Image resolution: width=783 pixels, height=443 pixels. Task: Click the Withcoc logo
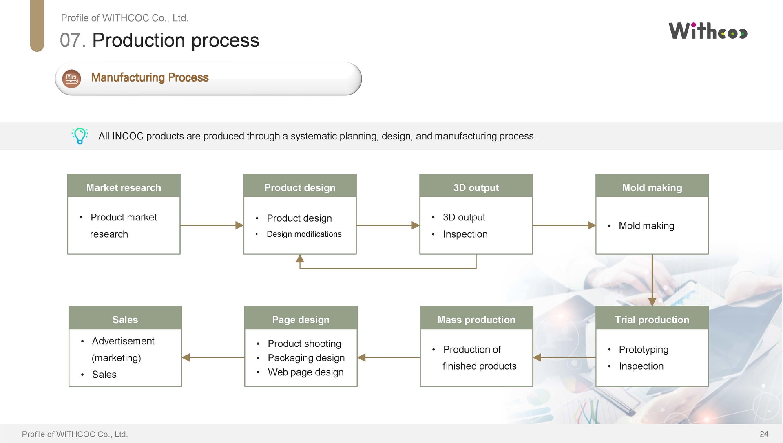click(708, 31)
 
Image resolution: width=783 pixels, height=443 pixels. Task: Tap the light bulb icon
click(80, 136)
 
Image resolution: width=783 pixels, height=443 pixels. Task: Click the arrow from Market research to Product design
click(212, 225)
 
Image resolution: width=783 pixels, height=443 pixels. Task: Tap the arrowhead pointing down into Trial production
click(652, 302)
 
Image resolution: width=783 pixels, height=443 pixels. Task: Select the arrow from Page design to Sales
click(213, 357)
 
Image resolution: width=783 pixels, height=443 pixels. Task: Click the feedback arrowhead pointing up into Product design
click(300, 258)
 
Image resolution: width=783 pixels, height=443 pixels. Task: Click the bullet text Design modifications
click(304, 234)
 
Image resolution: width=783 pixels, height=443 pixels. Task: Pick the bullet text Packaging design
click(306, 358)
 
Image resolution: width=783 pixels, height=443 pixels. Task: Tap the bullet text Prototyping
click(644, 350)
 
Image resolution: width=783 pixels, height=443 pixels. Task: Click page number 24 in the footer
click(764, 434)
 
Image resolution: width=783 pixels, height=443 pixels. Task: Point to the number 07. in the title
click(73, 40)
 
